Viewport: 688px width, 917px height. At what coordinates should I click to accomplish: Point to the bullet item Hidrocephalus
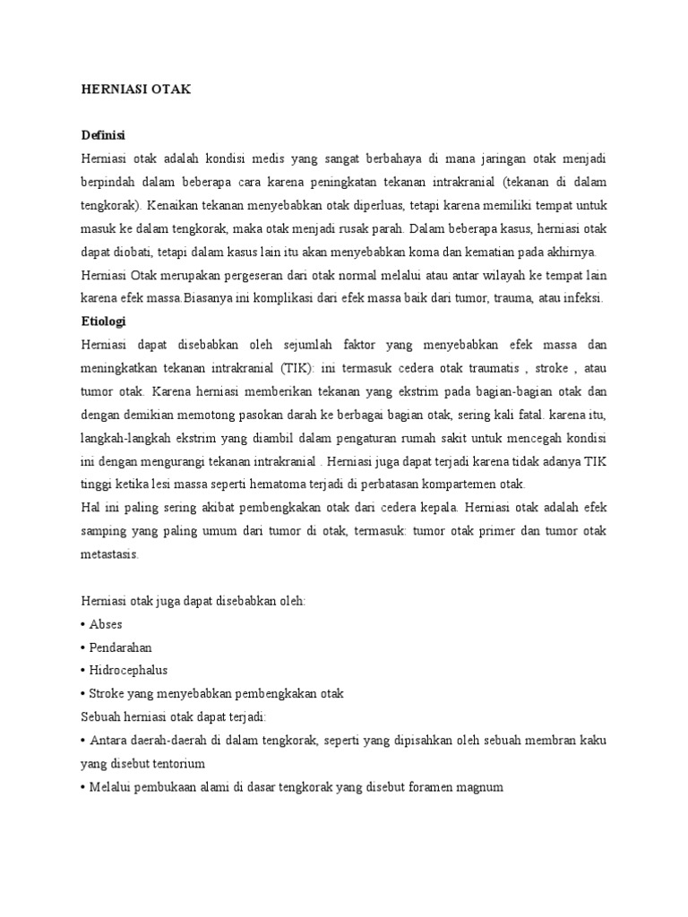pyautogui.click(x=127, y=670)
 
